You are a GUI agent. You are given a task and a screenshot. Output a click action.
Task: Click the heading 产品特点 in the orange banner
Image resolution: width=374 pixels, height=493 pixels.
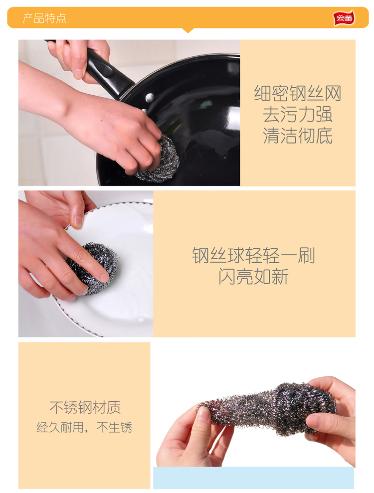coord(44,18)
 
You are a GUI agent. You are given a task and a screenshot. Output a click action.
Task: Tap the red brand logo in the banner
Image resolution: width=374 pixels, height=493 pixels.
coord(344,18)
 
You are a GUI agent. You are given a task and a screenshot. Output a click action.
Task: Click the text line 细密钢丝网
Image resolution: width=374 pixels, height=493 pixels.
coord(298,93)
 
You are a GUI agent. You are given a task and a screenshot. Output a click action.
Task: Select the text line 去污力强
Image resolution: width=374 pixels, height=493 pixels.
coord(298,115)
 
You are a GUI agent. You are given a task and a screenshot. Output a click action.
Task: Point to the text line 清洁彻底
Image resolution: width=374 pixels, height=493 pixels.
coord(298,136)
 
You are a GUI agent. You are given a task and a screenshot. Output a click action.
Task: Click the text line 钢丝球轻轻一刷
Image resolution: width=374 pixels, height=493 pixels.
coord(253,255)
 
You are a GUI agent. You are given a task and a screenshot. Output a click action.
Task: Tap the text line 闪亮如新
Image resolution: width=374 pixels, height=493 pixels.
coord(253,276)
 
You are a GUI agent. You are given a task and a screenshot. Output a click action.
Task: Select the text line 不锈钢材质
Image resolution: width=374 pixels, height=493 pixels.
coord(85,407)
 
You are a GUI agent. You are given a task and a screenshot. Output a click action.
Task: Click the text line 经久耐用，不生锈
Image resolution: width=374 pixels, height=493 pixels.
coord(84,427)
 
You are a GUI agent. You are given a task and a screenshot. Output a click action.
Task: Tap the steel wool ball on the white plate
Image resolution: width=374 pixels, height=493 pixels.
coord(94,267)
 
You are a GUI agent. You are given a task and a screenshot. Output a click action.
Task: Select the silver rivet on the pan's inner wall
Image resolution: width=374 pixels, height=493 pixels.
coord(150,98)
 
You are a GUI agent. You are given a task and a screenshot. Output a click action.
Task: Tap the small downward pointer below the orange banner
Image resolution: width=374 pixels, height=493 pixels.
coord(188,30)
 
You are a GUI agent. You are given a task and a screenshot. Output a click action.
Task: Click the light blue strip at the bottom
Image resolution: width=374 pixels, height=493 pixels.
coord(253,478)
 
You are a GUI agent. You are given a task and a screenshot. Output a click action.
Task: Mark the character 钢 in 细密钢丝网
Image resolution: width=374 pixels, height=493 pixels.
coord(298,93)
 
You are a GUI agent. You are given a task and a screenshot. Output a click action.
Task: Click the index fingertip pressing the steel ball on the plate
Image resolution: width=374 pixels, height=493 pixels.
coord(104,277)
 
